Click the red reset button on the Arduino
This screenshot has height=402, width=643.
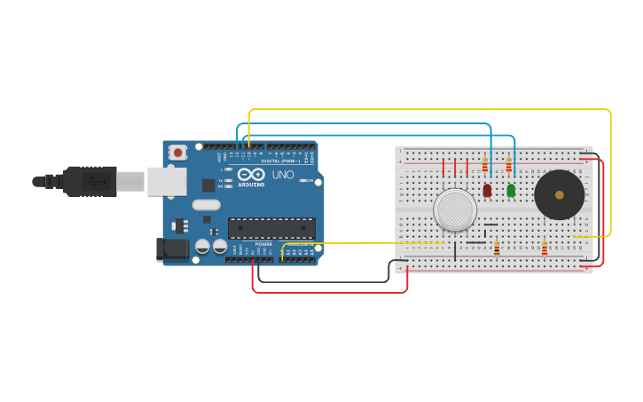pyautogui.click(x=177, y=153)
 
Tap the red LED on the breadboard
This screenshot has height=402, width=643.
pyautogui.click(x=487, y=190)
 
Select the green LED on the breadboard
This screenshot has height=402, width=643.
pyautogui.click(x=511, y=190)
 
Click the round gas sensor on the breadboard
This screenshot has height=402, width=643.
pyautogui.click(x=455, y=210)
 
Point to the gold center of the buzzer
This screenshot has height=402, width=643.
pyautogui.click(x=559, y=194)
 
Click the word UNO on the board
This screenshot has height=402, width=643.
pyautogui.click(x=282, y=175)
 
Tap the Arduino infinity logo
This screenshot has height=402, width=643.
pyautogui.click(x=251, y=173)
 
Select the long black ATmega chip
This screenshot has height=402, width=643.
pyautogui.click(x=271, y=228)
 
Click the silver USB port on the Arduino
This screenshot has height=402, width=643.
pyautogui.click(x=166, y=182)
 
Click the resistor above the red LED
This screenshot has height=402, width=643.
pyautogui.click(x=485, y=164)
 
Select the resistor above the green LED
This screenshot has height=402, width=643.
pyautogui.click(x=508, y=164)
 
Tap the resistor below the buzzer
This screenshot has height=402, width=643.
pyautogui.click(x=544, y=248)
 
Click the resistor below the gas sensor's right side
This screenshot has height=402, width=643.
pyautogui.click(x=497, y=248)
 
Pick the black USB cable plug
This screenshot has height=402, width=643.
pyautogui.click(x=90, y=181)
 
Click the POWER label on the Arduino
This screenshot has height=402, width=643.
pyautogui.click(x=263, y=244)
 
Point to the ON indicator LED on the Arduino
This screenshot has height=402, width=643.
pyautogui.click(x=303, y=181)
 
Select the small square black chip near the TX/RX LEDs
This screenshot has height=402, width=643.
pyautogui.click(x=208, y=185)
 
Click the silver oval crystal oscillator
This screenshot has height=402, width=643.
pyautogui.click(x=205, y=205)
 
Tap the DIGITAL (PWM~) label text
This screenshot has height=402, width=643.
pyautogui.click(x=278, y=161)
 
